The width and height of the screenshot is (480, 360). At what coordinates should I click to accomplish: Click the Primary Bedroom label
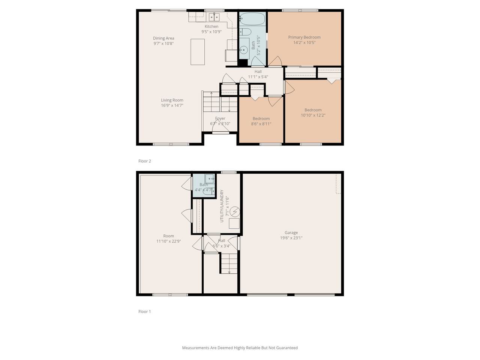pos(304,37)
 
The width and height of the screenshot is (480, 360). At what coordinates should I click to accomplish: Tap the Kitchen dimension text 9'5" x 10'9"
pos(211,32)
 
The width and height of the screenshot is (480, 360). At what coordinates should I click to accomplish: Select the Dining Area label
pos(163,38)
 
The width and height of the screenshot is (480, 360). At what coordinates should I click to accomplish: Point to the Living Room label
pos(172,100)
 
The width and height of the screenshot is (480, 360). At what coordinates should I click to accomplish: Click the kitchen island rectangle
pos(198,52)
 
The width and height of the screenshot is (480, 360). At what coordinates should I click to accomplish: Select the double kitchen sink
pos(214,17)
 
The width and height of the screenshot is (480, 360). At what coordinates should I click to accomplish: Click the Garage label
pos(291,232)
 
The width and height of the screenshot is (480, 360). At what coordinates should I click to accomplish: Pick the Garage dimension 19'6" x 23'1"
pos(291,238)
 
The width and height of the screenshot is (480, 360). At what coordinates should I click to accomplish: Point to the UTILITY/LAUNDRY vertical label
pos(222,206)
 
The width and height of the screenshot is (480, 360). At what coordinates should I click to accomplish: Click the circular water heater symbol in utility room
pos(235,212)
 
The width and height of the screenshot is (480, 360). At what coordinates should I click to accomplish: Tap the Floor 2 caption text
pos(144,161)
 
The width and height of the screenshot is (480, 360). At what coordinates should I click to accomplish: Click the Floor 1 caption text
pos(144,312)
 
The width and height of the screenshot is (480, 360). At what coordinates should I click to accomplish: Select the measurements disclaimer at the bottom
pos(240,348)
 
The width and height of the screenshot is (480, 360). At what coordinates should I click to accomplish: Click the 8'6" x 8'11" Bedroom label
pos(261,118)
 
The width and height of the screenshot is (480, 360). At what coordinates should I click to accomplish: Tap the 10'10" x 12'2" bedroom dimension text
pos(313,115)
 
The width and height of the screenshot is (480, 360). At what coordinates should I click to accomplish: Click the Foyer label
pos(220,118)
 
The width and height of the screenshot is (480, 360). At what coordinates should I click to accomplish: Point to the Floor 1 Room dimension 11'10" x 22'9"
pos(168,241)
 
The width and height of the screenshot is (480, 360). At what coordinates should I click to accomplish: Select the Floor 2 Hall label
pos(258,72)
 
